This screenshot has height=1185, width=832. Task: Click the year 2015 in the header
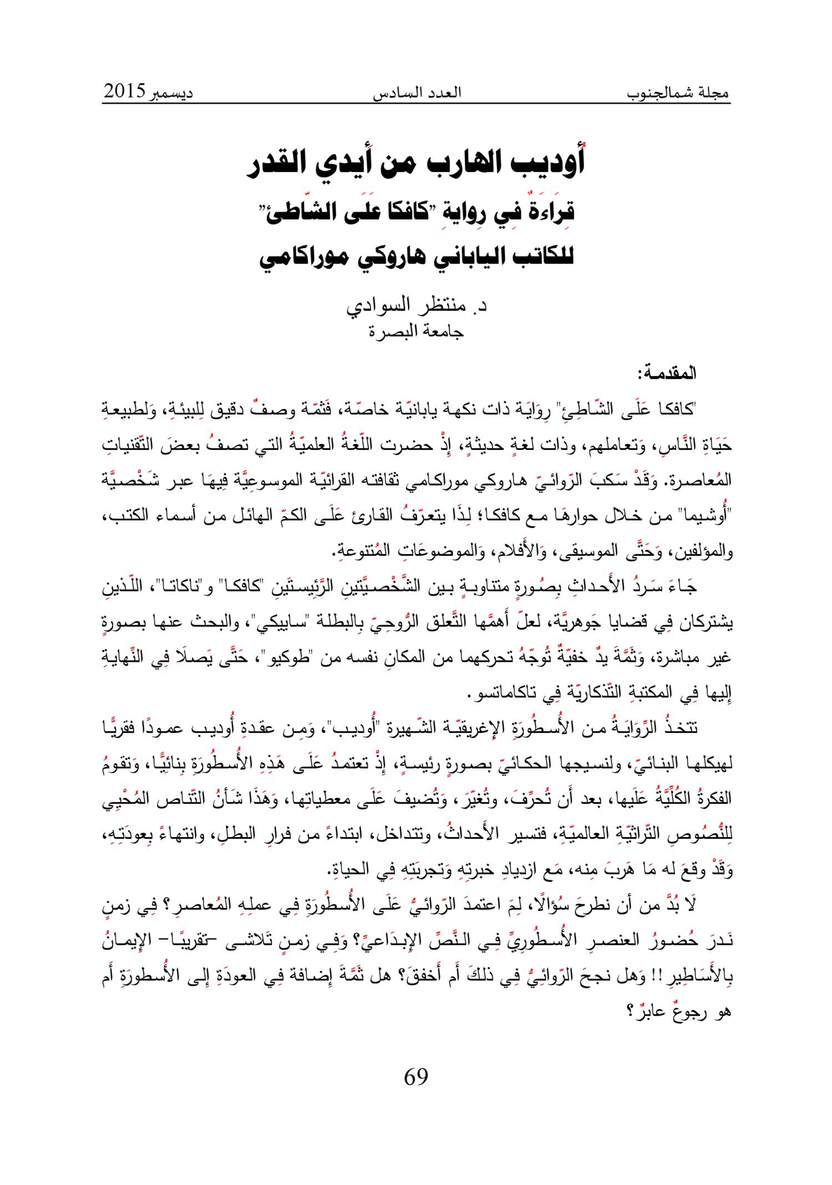click(124, 90)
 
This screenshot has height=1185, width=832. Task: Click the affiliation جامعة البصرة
click(417, 332)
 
